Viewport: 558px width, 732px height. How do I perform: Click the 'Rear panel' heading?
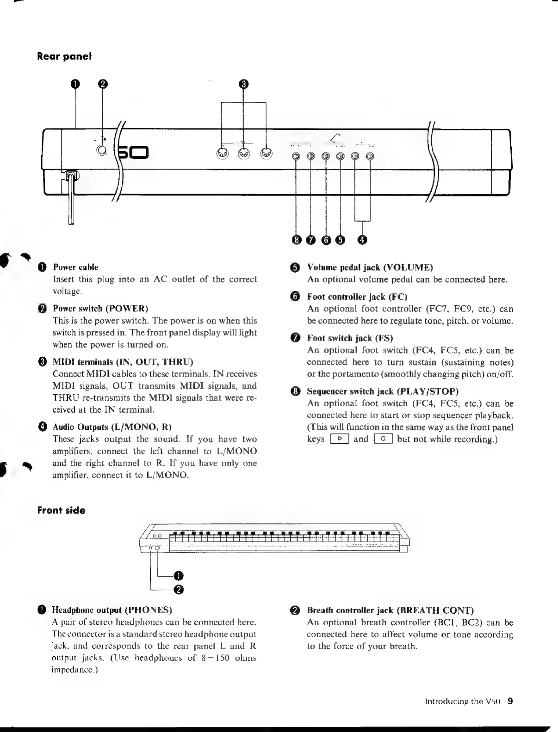[64, 56]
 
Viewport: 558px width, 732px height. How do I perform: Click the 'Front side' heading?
[61, 511]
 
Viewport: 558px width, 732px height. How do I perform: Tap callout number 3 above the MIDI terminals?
[244, 84]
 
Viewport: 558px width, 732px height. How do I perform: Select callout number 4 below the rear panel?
[363, 239]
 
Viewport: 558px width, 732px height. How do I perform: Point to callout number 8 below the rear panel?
[297, 239]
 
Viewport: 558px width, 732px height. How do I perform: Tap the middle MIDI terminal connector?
[244, 154]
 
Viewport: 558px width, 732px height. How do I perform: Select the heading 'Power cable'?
[75, 267]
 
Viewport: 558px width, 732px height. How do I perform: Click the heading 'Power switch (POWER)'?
[100, 308]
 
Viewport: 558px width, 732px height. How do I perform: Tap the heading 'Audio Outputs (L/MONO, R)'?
[112, 427]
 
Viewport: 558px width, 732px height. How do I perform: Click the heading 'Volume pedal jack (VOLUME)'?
[370, 267]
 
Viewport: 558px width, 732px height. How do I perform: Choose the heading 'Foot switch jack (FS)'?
[350, 338]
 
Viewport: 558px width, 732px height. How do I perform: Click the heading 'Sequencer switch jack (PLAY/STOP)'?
[383, 391]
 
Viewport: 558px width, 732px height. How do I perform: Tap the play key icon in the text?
[339, 439]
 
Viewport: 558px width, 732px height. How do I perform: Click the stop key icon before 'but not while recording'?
[383, 439]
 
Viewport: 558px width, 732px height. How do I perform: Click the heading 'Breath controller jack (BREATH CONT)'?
[391, 610]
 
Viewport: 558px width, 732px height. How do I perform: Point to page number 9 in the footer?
[510, 701]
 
